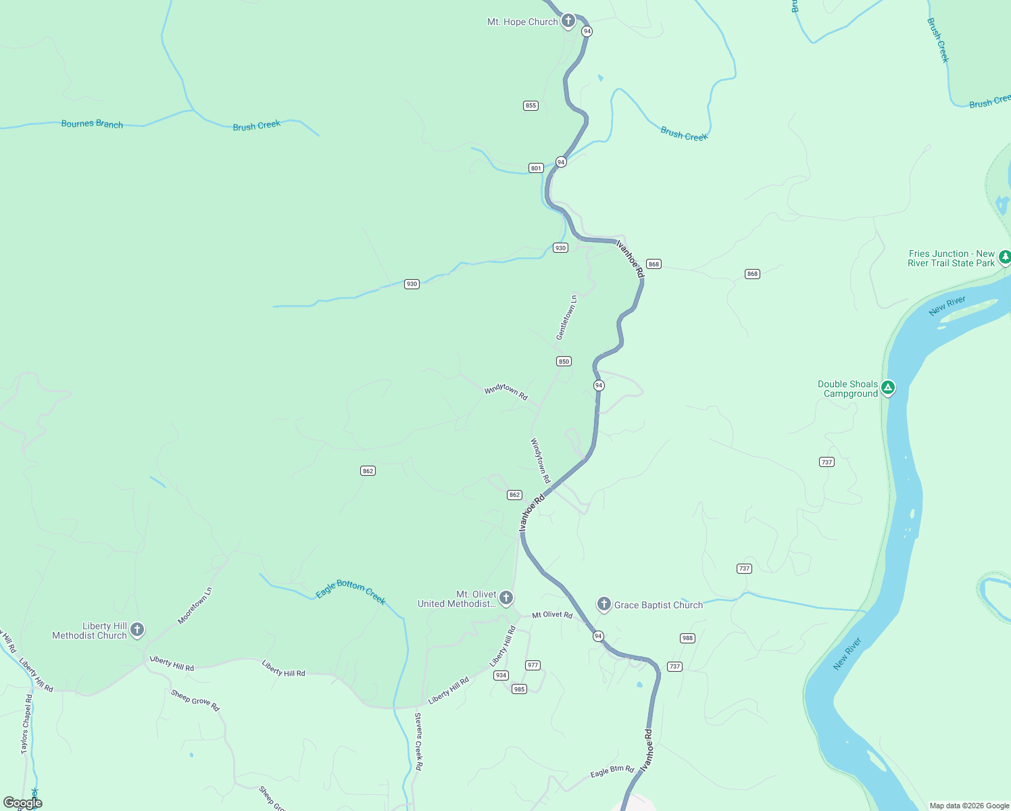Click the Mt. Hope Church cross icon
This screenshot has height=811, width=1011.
click(x=568, y=20)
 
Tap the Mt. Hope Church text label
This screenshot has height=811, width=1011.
click(x=522, y=22)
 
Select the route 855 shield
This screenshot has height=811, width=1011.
click(x=531, y=105)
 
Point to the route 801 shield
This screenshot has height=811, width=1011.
click(x=536, y=168)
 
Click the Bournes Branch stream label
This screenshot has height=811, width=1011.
click(x=92, y=124)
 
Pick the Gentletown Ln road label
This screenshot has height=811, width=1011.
click(x=566, y=317)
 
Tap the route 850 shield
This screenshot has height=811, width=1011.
click(x=564, y=362)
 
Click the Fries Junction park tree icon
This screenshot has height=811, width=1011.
click(x=1005, y=257)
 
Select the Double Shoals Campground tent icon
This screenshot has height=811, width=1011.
click(x=888, y=388)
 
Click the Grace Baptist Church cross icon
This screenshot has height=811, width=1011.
click(x=603, y=604)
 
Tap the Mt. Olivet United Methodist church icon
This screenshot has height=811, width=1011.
click(x=505, y=597)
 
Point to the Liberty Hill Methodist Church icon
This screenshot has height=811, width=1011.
click(x=137, y=630)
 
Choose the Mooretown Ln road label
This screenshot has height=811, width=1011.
click(x=195, y=606)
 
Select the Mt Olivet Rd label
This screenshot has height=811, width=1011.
click(x=552, y=615)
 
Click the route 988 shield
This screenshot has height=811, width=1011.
click(x=687, y=638)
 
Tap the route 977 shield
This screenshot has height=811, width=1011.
click(x=533, y=665)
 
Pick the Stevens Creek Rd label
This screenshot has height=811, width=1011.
click(x=418, y=741)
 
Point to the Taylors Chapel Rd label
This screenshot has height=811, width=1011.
click(x=26, y=724)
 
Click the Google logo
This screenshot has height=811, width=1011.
click(x=23, y=803)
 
